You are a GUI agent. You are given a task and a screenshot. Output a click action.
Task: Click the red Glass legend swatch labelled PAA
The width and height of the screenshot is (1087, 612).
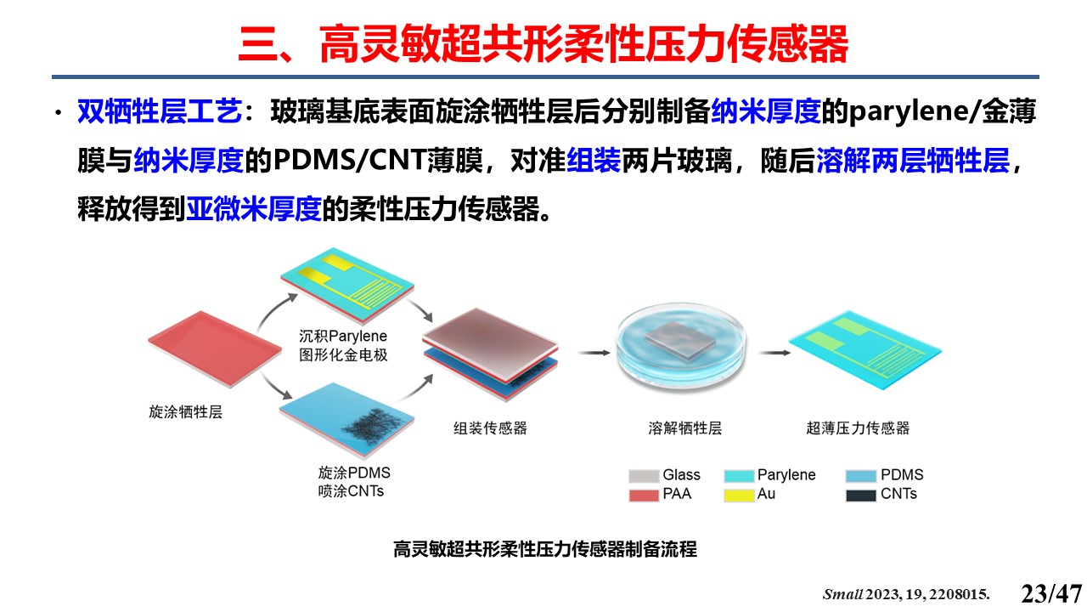tap(644, 495)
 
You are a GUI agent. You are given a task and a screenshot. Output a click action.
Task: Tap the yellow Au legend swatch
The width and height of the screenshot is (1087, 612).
tap(739, 495)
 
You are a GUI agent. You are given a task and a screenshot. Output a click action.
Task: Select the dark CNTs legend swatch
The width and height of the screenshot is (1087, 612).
tap(861, 495)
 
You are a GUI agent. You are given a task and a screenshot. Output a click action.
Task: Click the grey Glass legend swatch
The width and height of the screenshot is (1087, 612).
tap(644, 475)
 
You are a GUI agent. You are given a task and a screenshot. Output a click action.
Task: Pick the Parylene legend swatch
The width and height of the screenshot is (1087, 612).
tap(739, 475)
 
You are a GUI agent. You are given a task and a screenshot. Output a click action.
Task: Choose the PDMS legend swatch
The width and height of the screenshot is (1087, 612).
tap(861, 475)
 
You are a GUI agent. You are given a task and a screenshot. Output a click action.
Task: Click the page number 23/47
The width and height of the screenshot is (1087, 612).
tap(1051, 593)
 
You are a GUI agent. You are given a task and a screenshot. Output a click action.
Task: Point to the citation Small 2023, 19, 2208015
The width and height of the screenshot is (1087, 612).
tap(906, 594)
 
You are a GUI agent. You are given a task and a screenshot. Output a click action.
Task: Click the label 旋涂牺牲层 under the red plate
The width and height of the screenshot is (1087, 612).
tap(185, 412)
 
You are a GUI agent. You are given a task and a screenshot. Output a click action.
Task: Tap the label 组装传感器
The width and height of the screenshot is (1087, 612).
tap(490, 428)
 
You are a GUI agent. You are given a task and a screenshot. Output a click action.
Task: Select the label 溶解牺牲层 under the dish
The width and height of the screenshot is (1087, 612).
tap(684, 428)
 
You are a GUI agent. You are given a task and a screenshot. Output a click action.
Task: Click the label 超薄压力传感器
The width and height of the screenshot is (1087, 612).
tap(858, 428)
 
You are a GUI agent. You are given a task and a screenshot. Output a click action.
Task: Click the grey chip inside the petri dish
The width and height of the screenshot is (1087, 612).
tap(680, 339)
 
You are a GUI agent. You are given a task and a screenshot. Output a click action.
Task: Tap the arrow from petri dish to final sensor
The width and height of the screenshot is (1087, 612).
tap(774, 353)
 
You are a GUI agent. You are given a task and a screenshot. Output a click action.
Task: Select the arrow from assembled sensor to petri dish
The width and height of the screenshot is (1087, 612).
tap(595, 353)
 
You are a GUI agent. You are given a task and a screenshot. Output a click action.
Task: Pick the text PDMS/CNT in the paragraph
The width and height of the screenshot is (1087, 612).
tap(350, 160)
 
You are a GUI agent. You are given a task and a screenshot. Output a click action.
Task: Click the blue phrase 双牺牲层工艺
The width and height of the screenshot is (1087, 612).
tap(159, 111)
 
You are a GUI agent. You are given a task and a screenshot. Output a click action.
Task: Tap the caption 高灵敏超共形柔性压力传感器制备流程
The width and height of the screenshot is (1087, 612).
tap(545, 549)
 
